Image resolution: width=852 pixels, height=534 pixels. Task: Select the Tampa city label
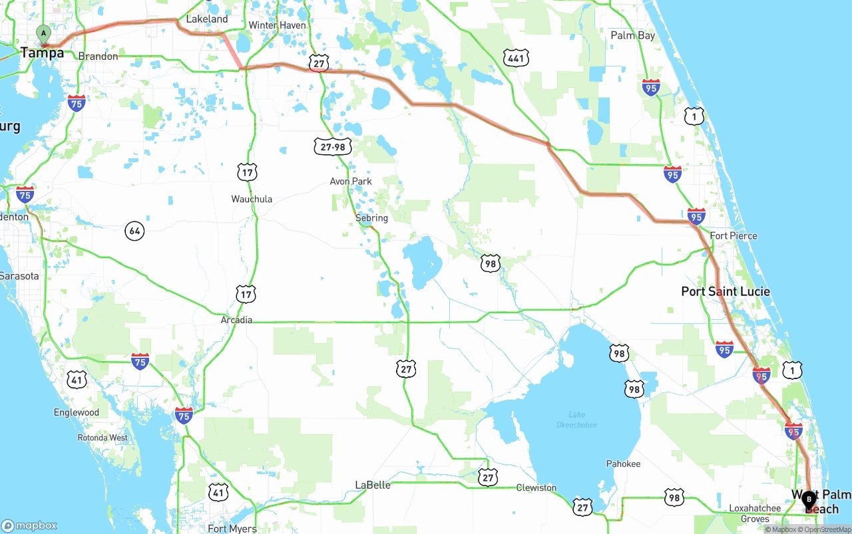point(42,53)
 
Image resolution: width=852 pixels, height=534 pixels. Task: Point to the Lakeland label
point(206,19)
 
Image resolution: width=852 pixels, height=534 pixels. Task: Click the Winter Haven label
point(277,25)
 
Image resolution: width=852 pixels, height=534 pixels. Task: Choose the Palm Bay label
point(632,35)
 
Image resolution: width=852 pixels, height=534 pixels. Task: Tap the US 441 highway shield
point(516,58)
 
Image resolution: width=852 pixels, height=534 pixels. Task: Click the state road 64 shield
point(134,231)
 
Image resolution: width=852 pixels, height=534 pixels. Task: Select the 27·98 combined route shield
point(333,146)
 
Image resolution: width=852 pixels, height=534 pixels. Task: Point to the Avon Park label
point(351,181)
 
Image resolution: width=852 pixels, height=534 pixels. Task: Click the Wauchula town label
point(252,199)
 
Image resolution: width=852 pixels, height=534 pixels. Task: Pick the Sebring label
point(371,217)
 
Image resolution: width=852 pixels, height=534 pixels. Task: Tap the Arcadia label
point(236,320)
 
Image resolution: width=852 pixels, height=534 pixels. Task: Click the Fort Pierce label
point(733,235)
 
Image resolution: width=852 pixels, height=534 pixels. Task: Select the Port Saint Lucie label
point(725,291)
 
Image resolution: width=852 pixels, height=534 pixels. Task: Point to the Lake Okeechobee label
point(576,420)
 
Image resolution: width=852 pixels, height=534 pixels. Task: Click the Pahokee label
point(623,464)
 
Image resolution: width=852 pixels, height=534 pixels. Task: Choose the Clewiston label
point(536,487)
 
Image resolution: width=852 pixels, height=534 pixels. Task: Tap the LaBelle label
point(373,485)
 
